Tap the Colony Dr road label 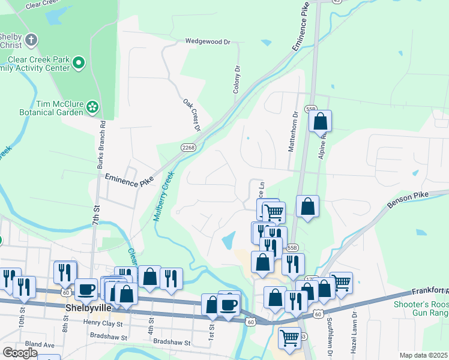237,79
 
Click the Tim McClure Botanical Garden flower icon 92,107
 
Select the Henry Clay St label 103,323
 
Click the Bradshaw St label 172,343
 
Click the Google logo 20,353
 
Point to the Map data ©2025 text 423,355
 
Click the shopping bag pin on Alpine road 321,121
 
